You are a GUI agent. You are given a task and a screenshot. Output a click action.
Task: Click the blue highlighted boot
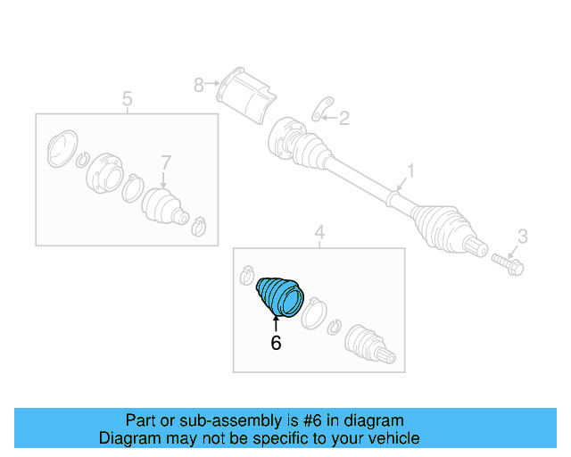tap(280, 297)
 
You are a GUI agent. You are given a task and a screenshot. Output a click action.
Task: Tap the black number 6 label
tap(276, 343)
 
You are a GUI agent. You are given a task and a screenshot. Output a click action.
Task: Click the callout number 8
tap(198, 86)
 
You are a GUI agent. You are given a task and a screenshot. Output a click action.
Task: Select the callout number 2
tap(344, 118)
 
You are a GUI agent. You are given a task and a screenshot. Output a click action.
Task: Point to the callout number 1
tap(410, 170)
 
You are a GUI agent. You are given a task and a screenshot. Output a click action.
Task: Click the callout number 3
tap(523, 237)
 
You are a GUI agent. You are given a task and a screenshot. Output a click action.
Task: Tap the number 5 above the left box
tap(127, 99)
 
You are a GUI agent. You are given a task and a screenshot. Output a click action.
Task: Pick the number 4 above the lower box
tap(319, 232)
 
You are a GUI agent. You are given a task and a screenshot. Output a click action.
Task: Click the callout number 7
tap(166, 162)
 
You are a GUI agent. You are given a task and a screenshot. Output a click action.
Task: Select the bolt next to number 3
tap(508, 264)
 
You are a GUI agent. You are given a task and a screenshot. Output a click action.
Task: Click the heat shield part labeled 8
tap(246, 96)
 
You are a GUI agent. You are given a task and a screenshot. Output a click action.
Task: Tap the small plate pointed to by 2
tap(323, 109)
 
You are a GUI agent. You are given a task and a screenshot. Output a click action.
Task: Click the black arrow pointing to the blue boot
tap(276, 324)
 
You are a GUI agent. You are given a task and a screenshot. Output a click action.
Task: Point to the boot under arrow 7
tap(165, 207)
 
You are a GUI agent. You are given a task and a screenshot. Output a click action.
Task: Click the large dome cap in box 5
tap(62, 148)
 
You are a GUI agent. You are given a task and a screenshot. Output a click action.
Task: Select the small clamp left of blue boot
tap(246, 275)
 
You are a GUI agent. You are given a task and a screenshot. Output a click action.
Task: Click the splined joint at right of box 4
tap(369, 344)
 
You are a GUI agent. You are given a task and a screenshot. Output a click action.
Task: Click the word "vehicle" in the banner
tap(400, 438)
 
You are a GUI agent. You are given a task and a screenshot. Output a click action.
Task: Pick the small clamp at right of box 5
tap(199, 227)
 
